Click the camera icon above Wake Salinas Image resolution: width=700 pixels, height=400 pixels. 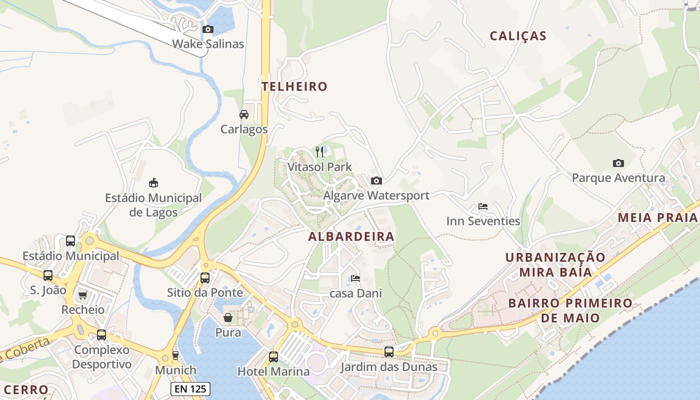[208, 29]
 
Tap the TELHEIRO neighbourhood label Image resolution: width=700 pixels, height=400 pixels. [294, 86]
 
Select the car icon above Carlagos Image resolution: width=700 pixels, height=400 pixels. [244, 114]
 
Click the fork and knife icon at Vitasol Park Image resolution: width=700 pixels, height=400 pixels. [320, 151]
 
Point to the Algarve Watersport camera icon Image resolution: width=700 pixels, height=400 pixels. [376, 180]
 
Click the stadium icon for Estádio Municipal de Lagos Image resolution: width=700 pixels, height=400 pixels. [153, 183]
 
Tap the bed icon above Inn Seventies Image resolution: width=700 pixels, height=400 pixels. [483, 206]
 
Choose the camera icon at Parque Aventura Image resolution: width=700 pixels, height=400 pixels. [618, 163]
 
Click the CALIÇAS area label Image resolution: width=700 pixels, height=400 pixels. [518, 36]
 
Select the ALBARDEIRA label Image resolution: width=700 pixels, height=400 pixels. [351, 236]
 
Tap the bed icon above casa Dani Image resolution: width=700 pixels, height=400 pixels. [355, 278]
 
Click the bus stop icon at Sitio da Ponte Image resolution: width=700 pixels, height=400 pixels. [205, 278]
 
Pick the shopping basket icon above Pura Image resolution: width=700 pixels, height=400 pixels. [228, 317]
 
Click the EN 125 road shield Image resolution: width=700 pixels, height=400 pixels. [190, 389]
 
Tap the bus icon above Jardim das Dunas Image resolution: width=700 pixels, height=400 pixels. [389, 352]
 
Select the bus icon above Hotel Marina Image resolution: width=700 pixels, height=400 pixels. [273, 357]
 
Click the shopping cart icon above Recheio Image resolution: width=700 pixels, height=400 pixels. [83, 295]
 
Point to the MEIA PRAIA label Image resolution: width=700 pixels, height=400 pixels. [657, 217]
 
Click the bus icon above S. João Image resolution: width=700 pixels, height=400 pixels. [48, 275]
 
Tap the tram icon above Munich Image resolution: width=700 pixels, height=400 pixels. [175, 355]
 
